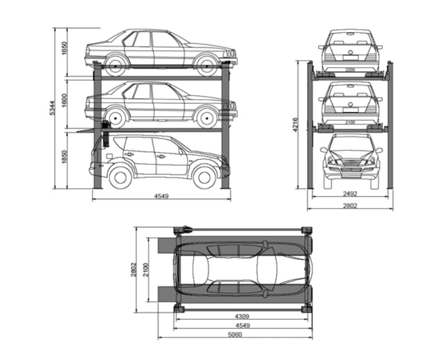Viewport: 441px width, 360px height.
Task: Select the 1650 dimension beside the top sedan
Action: coord(65,49)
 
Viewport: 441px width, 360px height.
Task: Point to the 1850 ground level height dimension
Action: coord(65,157)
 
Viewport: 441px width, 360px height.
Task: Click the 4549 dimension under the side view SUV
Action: coord(162,196)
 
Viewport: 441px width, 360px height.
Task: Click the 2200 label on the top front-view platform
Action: coord(350,70)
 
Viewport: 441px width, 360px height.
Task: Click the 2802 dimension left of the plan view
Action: coord(133,270)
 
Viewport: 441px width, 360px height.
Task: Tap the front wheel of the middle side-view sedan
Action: coord(206,117)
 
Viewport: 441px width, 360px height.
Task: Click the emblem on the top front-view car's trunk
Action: coord(350,53)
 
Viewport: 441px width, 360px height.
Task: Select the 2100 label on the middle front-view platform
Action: coord(350,122)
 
